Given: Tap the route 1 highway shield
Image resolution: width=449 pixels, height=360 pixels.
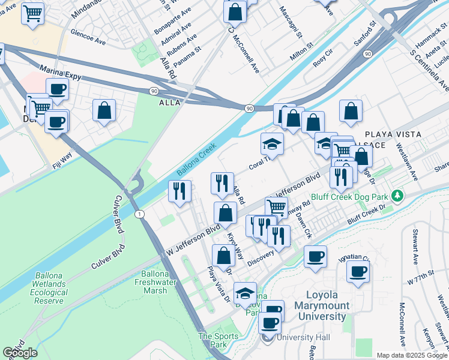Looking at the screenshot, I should pyautogui.click(x=139, y=214).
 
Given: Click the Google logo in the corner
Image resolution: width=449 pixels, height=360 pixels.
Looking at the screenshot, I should pyautogui.click(x=20, y=352).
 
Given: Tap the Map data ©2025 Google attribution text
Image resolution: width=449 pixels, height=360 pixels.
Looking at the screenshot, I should pyautogui.click(x=412, y=355).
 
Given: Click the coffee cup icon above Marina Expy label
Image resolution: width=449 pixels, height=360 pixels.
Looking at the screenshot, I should pyautogui.click(x=58, y=90).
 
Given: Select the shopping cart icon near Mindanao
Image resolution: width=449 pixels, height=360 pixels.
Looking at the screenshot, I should pyautogui.click(x=32, y=13).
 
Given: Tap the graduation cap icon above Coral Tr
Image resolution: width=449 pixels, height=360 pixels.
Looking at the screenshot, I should pyautogui.click(x=272, y=144).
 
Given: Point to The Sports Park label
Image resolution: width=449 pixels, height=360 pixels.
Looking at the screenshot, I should pyautogui.click(x=214, y=341).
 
